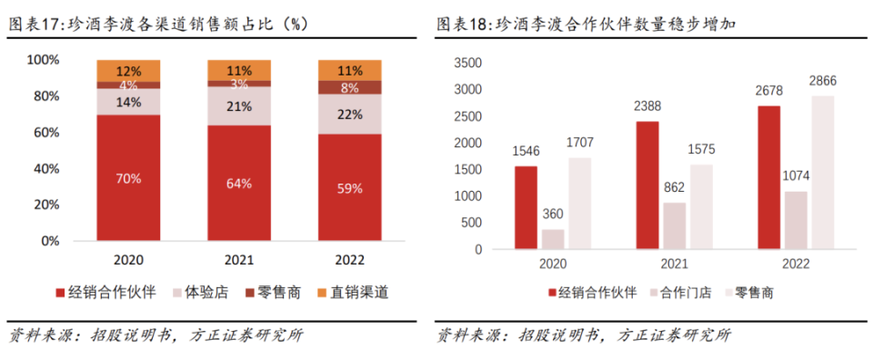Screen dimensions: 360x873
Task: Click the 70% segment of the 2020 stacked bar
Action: (129, 178)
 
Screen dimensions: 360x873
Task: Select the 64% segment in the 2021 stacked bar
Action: (239, 183)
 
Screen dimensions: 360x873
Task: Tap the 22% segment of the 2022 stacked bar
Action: (349, 115)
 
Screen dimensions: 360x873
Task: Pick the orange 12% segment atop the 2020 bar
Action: (129, 71)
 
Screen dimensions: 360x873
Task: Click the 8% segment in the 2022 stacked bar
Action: (349, 87)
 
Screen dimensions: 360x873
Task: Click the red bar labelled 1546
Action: (526, 208)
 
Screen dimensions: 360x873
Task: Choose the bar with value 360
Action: (553, 239)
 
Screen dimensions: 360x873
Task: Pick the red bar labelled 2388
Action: (647, 185)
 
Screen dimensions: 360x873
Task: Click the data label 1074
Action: (797, 175)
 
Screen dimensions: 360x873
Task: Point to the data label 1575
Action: (701, 148)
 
